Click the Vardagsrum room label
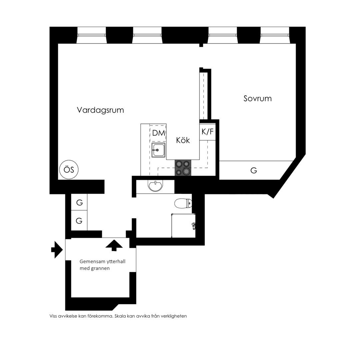coord(100,110)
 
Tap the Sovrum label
coord(258,98)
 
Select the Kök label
coord(183,140)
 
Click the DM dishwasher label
coord(159,133)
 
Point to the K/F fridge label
coord(208,132)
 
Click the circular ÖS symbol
coord(69,170)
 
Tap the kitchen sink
coord(158,150)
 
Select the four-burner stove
coord(183,168)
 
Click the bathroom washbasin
coord(156,186)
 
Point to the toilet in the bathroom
coord(183,203)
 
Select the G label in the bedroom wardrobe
coord(254,170)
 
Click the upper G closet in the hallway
coord(79,202)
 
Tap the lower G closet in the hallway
coord(79,220)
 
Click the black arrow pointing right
coord(57,250)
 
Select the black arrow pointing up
coord(114,245)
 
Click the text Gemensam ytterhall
coord(102,262)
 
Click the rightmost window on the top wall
coord(275,35)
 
